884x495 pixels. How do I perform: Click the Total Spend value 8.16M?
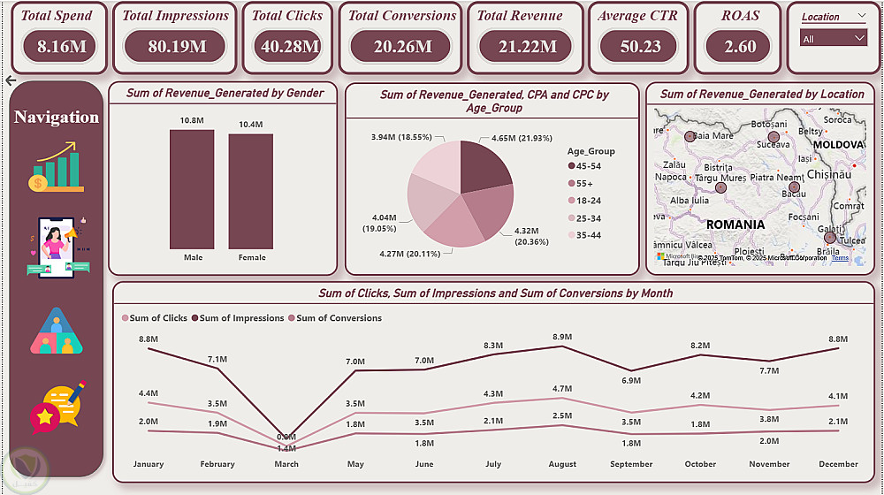(62, 47)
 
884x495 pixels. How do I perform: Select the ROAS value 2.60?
(740, 47)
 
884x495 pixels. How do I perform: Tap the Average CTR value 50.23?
(641, 47)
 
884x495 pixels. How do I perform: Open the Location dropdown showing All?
(834, 38)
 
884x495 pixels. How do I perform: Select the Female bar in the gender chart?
(251, 191)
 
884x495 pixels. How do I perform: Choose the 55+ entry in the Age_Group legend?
(583, 185)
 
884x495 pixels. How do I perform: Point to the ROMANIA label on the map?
(735, 225)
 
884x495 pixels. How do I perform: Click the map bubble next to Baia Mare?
(690, 137)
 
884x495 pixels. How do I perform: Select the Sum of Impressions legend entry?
(241, 318)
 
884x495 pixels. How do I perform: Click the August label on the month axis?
(562, 464)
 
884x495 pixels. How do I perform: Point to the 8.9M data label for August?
(562, 338)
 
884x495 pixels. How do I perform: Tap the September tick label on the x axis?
(631, 464)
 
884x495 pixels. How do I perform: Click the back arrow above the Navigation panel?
(11, 80)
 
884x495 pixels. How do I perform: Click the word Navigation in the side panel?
(57, 118)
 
